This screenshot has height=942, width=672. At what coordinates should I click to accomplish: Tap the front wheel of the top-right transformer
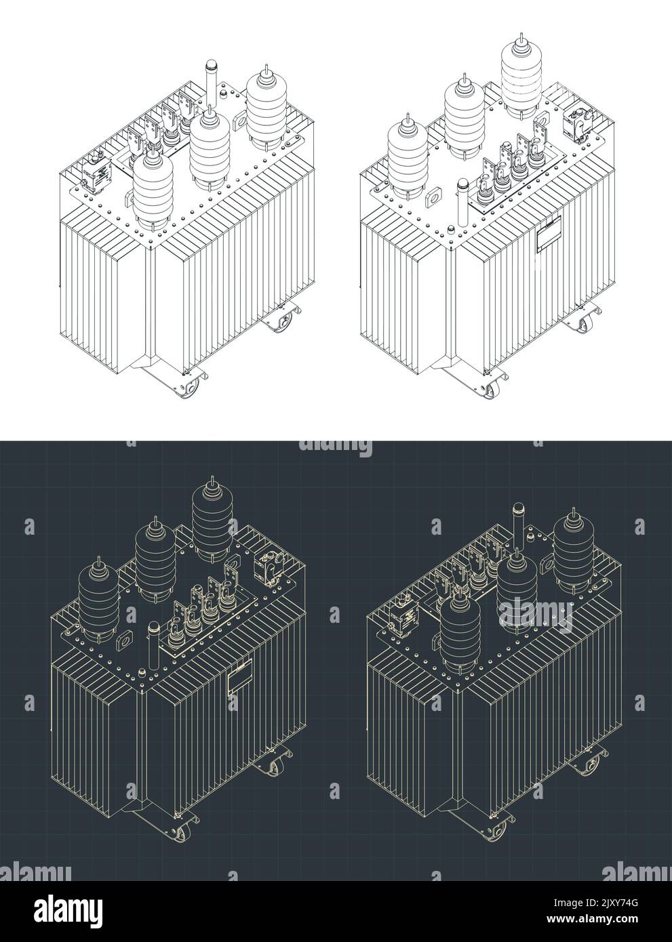point(498,394)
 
